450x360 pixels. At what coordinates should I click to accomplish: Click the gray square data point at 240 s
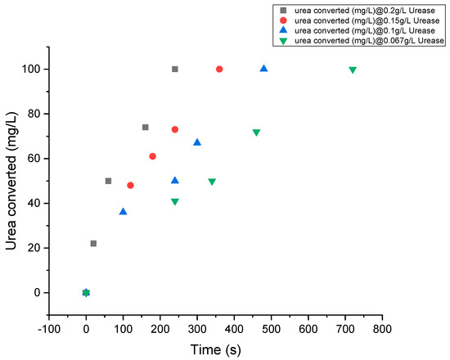(x=175, y=69)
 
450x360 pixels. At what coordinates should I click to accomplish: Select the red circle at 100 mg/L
(x=219, y=69)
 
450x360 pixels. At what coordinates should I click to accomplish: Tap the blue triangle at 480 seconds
(x=263, y=69)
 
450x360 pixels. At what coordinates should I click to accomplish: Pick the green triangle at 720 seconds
(x=353, y=70)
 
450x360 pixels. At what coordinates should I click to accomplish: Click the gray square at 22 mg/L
(x=93, y=243)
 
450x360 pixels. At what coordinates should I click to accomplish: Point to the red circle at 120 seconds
(x=130, y=185)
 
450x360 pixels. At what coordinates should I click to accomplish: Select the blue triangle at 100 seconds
(x=123, y=211)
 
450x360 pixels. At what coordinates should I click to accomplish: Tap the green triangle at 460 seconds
(x=256, y=133)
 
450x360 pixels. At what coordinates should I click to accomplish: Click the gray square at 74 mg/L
(x=145, y=127)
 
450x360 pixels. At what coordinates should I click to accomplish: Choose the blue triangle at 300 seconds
(x=197, y=142)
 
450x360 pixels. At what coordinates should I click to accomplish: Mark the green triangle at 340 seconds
(x=212, y=182)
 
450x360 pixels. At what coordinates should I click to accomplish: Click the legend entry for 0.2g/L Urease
(x=360, y=8)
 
